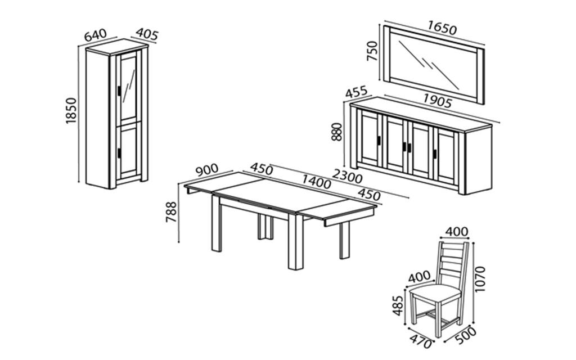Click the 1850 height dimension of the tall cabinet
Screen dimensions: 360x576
click(71, 111)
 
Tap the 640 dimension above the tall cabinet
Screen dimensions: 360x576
click(96, 35)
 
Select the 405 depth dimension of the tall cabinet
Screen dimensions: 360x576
click(147, 35)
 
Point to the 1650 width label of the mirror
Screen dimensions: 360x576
click(442, 27)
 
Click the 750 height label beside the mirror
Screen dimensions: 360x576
click(372, 51)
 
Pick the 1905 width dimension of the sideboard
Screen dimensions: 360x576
click(437, 102)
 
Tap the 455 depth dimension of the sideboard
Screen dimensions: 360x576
click(356, 92)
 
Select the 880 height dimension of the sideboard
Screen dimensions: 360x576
click(337, 132)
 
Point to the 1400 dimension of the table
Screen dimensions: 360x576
click(316, 181)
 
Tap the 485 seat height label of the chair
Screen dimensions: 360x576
click(398, 305)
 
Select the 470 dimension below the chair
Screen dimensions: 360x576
click(421, 341)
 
